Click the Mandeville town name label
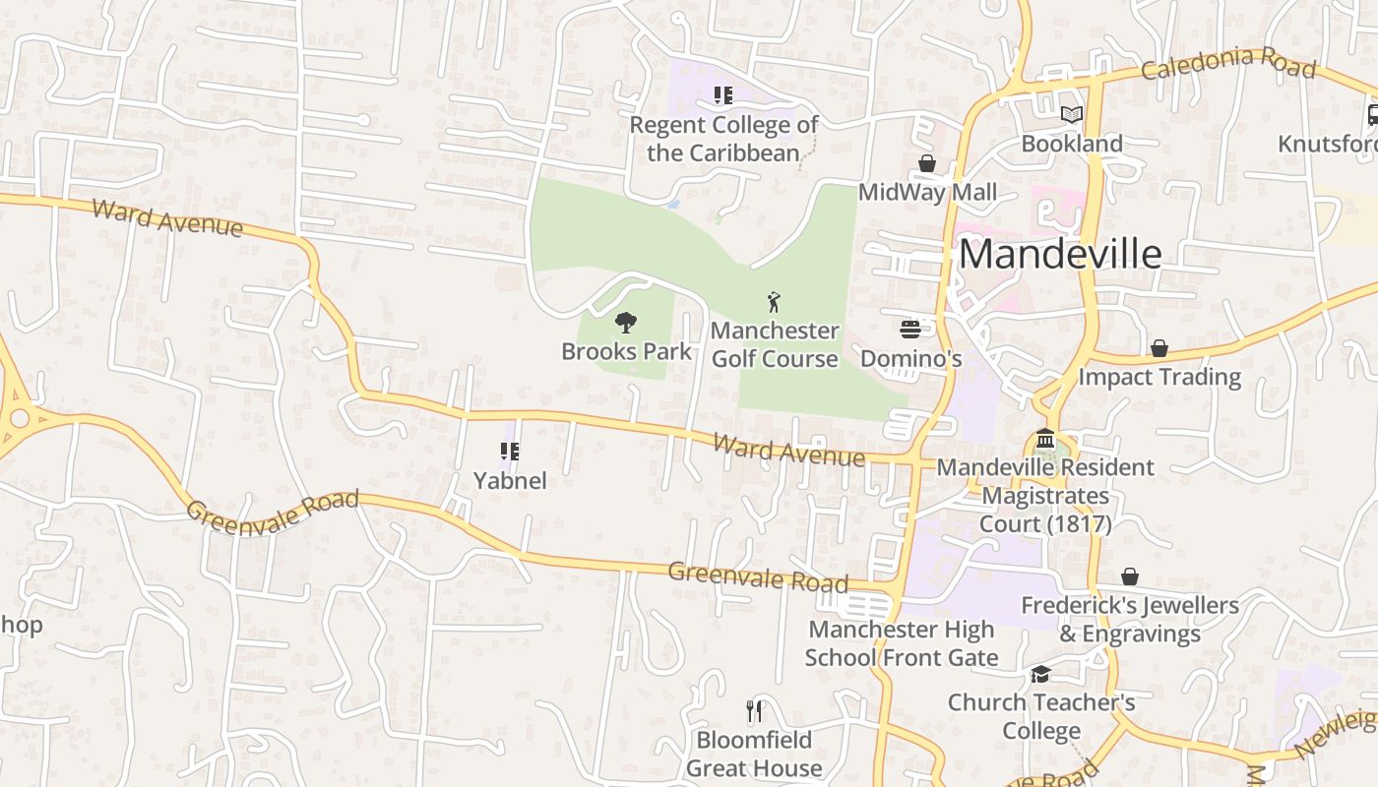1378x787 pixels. pos(1060,254)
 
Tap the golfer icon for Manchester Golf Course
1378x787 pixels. pos(775,302)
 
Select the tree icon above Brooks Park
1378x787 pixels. pos(626,323)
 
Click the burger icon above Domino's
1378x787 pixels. pos(910,330)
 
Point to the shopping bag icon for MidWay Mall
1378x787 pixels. pos(926,163)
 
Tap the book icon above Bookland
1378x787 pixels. pos(1072,115)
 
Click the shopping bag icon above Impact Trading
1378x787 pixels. pos(1159,348)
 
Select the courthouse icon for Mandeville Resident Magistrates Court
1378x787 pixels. pos(1045,438)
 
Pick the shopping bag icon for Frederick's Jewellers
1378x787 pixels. pos(1130,576)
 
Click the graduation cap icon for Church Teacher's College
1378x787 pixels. pos(1040,674)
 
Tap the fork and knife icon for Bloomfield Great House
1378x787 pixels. pos(754,710)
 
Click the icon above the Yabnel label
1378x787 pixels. pos(509,452)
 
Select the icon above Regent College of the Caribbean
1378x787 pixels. pos(723,95)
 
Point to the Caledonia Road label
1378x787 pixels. pos(1227,63)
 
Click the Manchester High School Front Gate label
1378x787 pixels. pos(902,643)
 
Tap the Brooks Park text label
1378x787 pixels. pos(627,351)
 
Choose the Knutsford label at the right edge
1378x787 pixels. pos(1327,144)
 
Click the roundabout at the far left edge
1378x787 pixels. pos(17,418)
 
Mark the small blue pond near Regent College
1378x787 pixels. pos(673,205)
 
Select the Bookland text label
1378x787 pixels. pos(1072,144)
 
